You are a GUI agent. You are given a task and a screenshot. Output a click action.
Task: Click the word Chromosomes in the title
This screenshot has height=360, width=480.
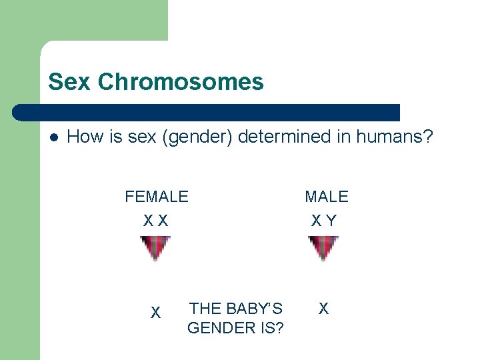click(x=181, y=82)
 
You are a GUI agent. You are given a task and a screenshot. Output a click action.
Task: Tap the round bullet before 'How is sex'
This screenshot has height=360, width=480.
click(x=53, y=137)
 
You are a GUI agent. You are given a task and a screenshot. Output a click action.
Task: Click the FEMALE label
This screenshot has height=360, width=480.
click(x=157, y=197)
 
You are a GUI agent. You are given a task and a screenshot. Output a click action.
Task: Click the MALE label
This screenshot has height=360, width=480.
click(x=327, y=197)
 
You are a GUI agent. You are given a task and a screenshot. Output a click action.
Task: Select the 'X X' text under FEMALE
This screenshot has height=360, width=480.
click(x=156, y=220)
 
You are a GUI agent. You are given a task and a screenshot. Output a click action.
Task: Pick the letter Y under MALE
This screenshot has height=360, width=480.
click(x=332, y=220)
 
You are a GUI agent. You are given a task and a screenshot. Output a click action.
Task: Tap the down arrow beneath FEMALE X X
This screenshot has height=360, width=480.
click(x=155, y=249)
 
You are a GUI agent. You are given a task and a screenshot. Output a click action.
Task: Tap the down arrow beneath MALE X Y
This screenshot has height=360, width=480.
click(x=323, y=249)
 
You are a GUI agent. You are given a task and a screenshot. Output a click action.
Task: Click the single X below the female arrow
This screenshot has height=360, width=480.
click(x=155, y=312)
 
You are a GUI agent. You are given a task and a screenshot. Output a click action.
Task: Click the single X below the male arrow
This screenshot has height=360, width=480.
click(x=323, y=308)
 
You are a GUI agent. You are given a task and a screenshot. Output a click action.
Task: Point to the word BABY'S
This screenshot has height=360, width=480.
click(x=254, y=309)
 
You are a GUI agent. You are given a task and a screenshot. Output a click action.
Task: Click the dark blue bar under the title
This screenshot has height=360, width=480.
click(x=207, y=113)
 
